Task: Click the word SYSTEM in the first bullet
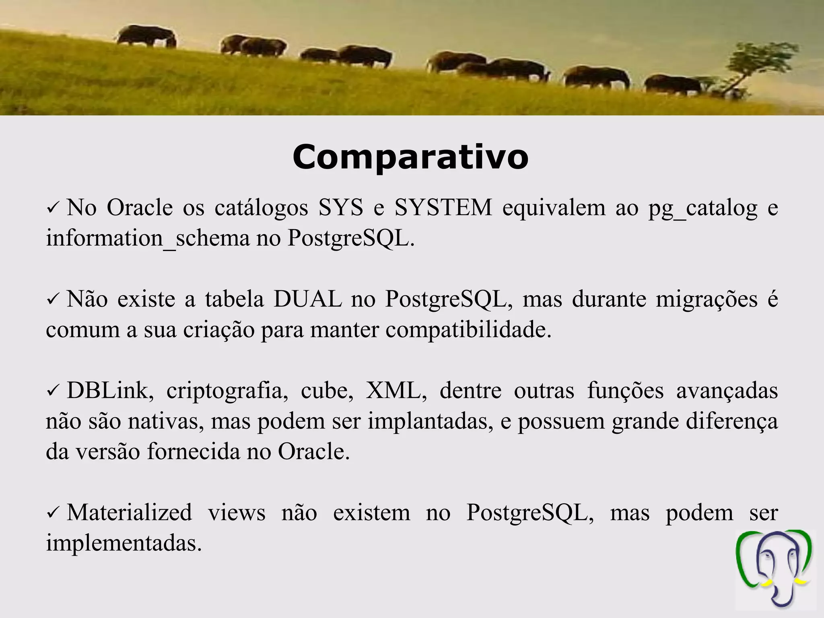443,208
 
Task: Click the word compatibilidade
468,330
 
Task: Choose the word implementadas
124,544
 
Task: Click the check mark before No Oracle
53,209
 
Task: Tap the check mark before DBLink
53,391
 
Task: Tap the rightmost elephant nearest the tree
673,84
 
